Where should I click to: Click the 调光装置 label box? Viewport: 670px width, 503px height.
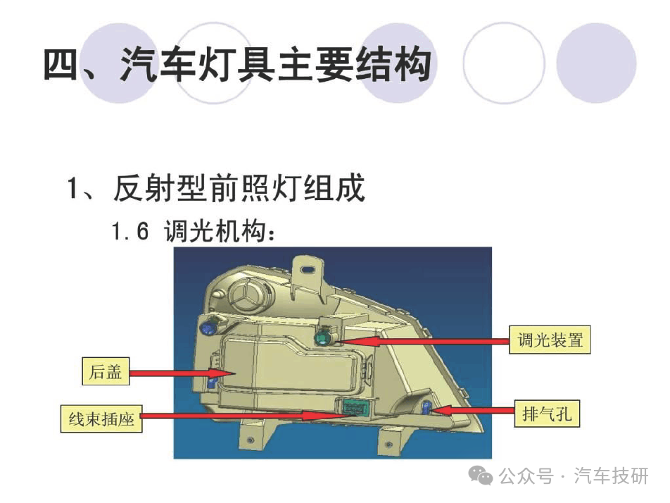[x=550, y=340]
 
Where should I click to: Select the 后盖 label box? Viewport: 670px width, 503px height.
[x=106, y=371]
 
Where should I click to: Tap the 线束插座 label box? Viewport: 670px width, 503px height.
[x=101, y=418]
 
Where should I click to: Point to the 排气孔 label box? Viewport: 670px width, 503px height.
[x=547, y=414]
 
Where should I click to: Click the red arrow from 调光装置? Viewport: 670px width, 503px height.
[x=422, y=341]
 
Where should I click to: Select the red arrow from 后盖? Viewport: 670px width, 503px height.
[x=182, y=373]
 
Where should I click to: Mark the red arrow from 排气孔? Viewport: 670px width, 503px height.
[x=473, y=411]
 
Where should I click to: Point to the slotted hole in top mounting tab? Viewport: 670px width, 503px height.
[x=308, y=269]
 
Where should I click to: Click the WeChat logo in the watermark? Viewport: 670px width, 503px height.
[x=480, y=475]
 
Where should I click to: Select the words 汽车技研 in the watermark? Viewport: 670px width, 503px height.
[x=611, y=476]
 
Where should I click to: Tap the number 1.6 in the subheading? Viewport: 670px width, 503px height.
[x=130, y=231]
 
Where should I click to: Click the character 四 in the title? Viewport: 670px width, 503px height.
[x=60, y=64]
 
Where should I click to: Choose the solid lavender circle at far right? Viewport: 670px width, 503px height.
[x=596, y=63]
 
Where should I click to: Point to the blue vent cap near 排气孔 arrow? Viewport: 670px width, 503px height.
[x=426, y=407]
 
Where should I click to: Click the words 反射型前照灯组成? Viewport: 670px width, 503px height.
[x=239, y=188]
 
